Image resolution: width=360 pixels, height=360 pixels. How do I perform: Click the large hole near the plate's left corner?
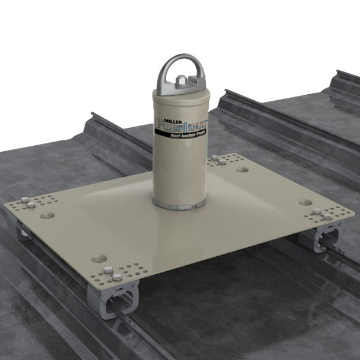point(47,214)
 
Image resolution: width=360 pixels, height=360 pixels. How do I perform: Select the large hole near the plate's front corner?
point(98,259)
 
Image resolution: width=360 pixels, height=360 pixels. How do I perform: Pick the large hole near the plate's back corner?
point(242,169)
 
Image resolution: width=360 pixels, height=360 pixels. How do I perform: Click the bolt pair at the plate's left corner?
point(28,202)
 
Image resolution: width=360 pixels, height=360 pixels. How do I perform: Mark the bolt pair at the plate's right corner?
point(317,214)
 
